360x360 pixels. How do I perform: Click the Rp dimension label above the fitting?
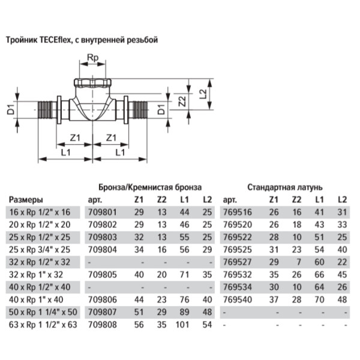(x=93, y=58)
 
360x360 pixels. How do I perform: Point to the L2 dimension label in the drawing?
(x=203, y=94)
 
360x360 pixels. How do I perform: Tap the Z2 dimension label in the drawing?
(x=182, y=101)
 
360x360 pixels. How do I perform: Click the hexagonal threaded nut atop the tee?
(x=92, y=83)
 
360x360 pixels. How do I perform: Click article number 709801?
(x=103, y=212)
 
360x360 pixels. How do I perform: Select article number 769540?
(x=238, y=299)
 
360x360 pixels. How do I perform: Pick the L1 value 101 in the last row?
(x=182, y=325)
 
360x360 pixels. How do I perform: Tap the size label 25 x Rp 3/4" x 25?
(x=40, y=250)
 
